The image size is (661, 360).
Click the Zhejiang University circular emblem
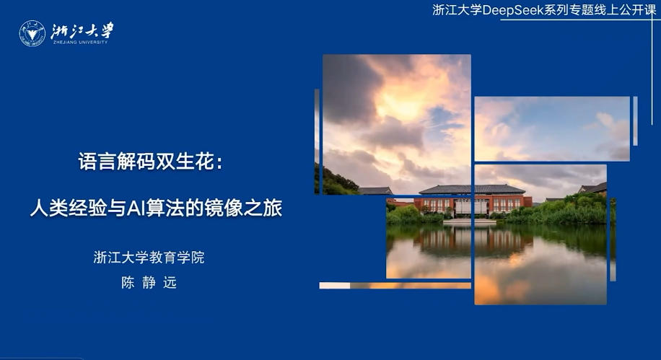[x=32, y=33]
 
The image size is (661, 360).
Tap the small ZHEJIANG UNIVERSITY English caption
[x=80, y=43]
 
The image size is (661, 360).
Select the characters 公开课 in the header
[x=638, y=10]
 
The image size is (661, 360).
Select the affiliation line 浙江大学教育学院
[x=149, y=258]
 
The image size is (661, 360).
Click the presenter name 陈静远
[x=149, y=282]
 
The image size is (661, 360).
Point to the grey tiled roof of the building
[x=472, y=189]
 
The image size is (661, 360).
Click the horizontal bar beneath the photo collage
[x=395, y=285]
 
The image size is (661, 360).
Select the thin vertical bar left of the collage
[x=317, y=141]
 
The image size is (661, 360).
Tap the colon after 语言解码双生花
[x=219, y=164]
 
